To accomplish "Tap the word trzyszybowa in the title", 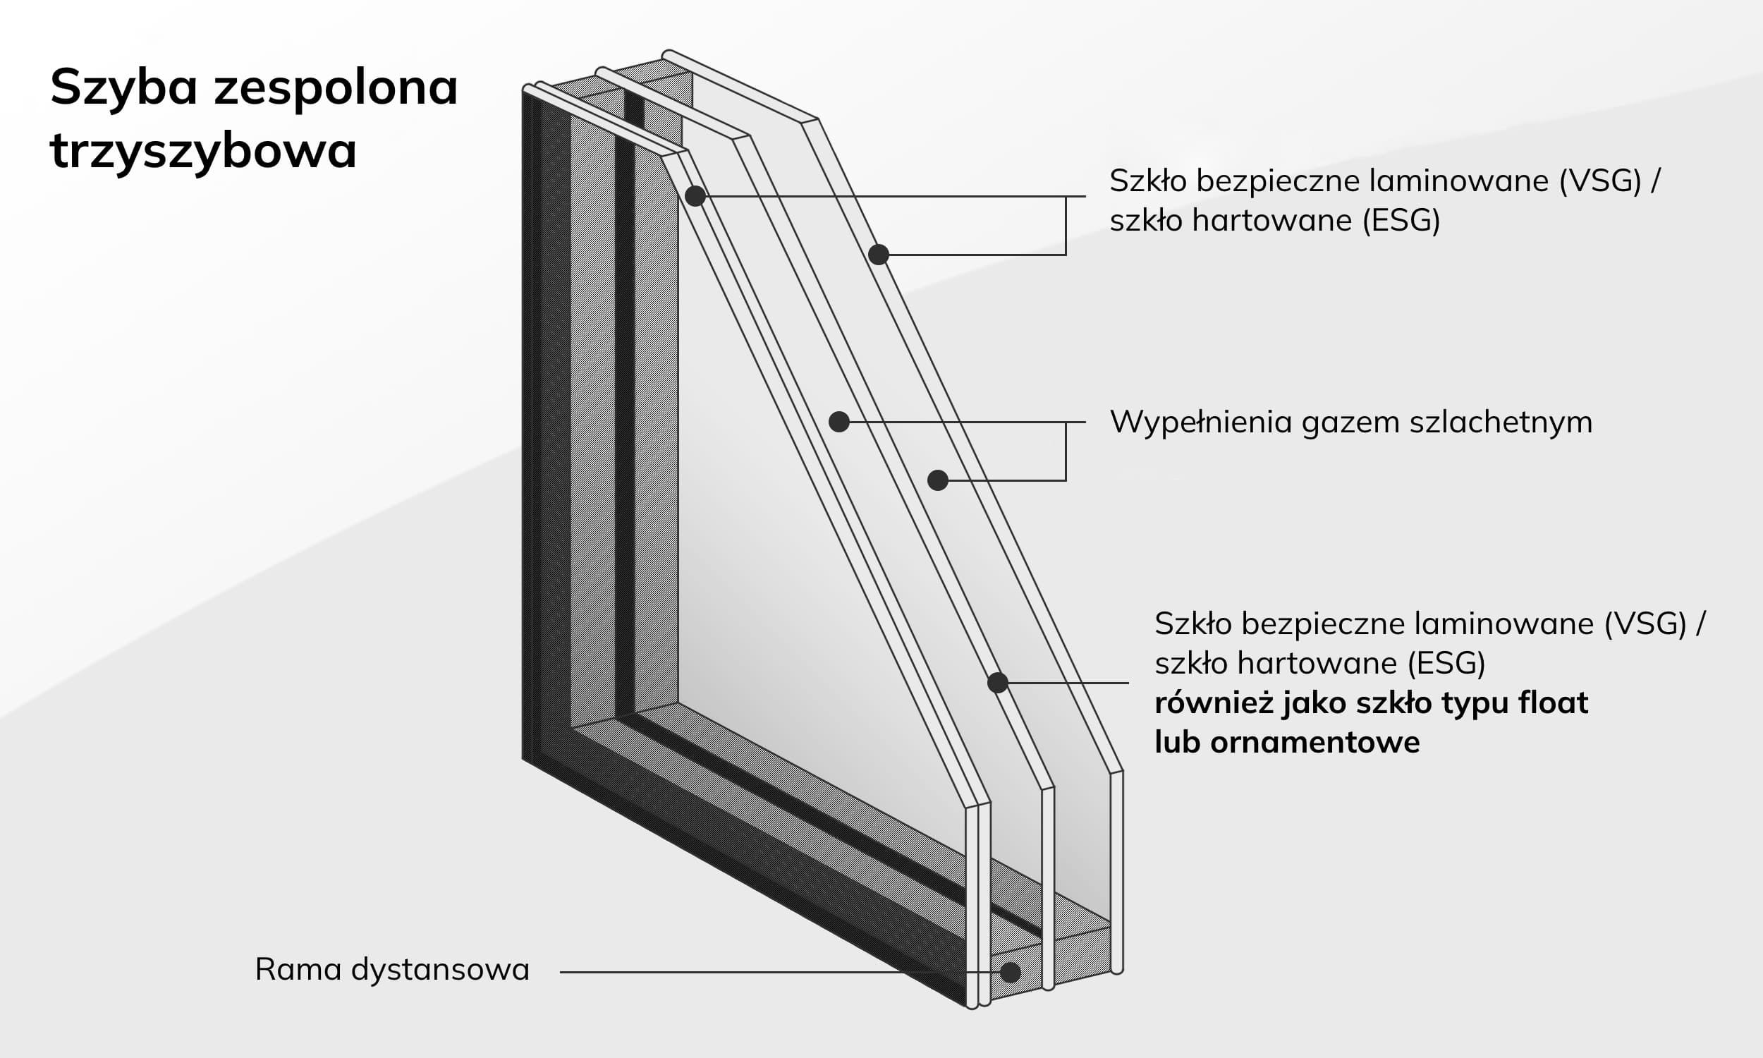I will [203, 150].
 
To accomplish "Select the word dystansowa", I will [440, 970].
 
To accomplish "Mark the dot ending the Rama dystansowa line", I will [1010, 973].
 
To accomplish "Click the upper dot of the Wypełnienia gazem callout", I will [839, 422].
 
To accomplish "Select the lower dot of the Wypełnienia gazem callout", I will [938, 480].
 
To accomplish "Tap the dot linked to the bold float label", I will [998, 683].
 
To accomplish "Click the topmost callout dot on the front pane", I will [695, 196].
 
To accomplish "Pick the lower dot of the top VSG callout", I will [879, 255].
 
